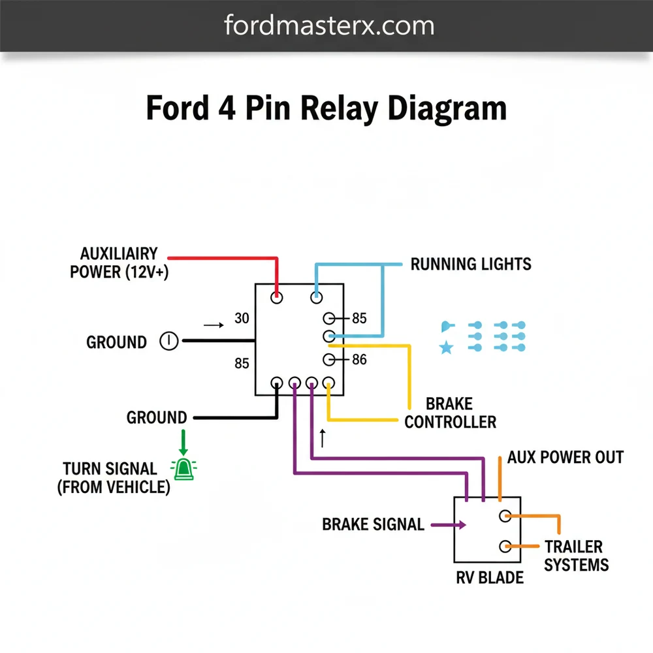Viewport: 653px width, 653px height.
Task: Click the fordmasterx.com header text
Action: click(328, 25)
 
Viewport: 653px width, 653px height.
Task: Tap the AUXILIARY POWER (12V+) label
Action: click(119, 263)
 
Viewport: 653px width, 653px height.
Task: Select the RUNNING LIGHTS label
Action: click(470, 264)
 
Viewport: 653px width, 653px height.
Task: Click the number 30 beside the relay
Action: click(242, 319)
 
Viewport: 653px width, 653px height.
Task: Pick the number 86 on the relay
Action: click(359, 359)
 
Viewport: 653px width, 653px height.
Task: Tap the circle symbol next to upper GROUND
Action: click(168, 341)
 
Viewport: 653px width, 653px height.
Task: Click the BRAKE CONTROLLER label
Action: click(449, 413)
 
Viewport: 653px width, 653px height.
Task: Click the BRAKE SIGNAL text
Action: click(373, 524)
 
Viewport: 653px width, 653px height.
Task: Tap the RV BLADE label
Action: click(489, 577)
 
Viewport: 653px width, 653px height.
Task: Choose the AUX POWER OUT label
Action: click(565, 457)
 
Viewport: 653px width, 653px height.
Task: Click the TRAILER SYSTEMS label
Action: click(575, 556)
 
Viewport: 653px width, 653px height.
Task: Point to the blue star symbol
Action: click(446, 347)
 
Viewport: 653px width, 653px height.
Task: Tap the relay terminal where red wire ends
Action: click(277, 298)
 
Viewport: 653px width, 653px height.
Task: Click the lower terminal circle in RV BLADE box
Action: click(504, 546)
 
